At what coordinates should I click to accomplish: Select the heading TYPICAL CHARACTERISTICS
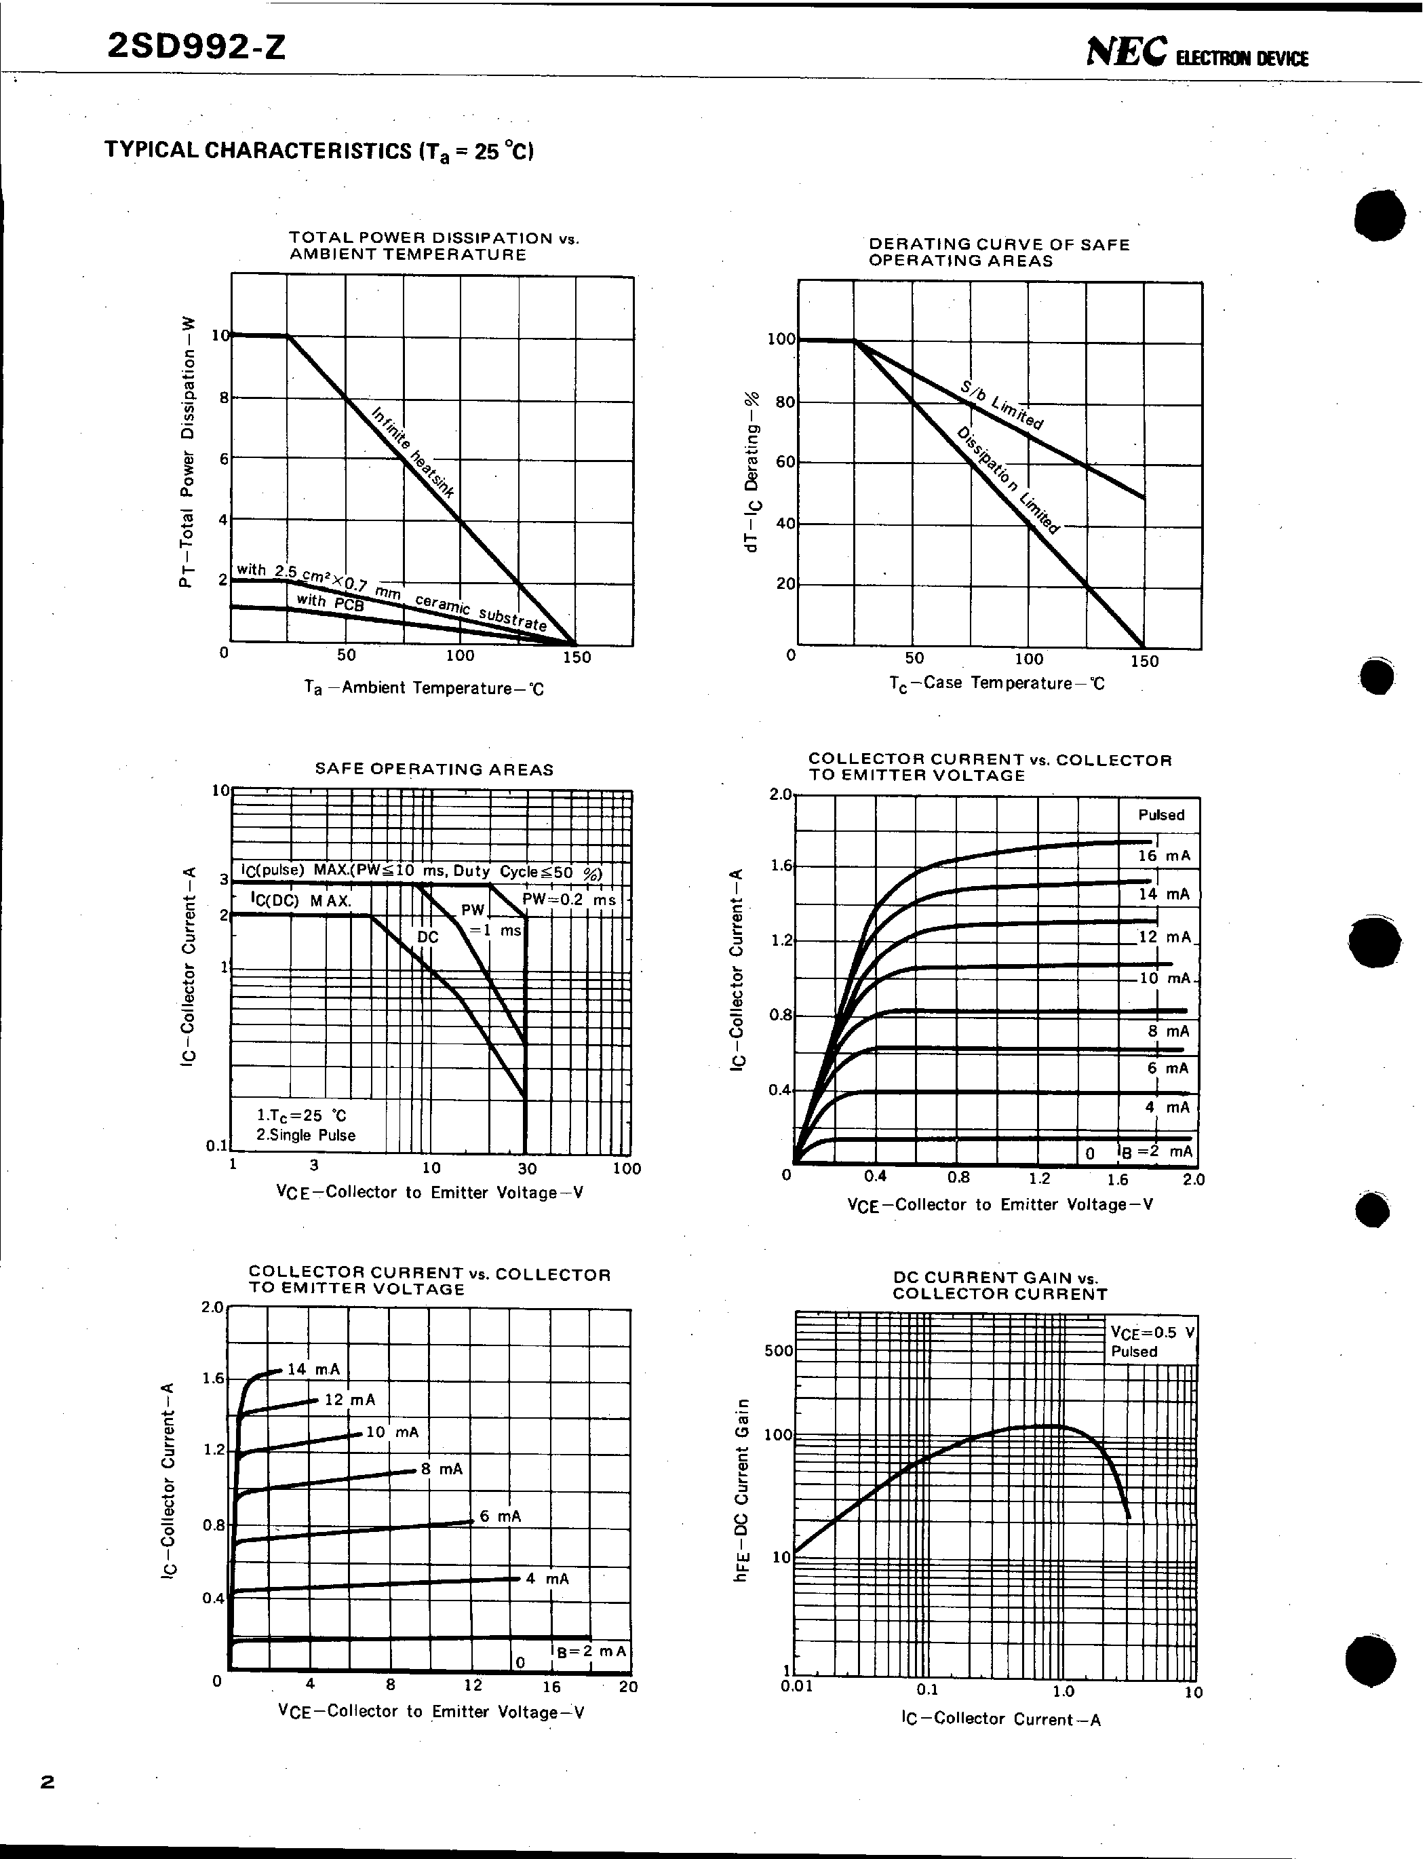click(318, 151)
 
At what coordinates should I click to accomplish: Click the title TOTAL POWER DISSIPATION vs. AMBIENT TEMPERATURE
click(433, 246)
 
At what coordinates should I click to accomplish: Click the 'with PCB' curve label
click(330, 602)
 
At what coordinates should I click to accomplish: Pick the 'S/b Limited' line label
click(1002, 405)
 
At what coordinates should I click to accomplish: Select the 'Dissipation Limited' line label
click(1009, 480)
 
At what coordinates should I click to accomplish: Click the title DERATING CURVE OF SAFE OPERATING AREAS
click(998, 252)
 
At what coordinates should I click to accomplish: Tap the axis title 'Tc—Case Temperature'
click(996, 683)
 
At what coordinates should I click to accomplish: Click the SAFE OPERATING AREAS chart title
click(433, 769)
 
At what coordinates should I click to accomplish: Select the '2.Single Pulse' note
click(306, 1135)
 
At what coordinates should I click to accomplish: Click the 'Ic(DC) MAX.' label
click(300, 900)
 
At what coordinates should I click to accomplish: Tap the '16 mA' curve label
click(1164, 856)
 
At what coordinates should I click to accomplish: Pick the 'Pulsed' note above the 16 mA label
click(1160, 815)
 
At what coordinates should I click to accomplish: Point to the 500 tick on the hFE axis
click(778, 1351)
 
